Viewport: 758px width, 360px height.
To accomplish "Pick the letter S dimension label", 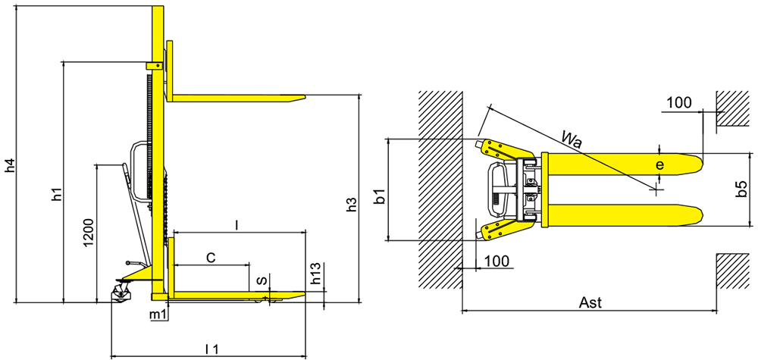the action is [x=260, y=280].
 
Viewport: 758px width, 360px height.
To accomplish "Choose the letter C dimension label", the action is [x=211, y=258].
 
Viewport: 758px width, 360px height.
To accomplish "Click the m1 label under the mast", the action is [x=158, y=315].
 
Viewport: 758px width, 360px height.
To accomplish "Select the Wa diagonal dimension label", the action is [x=572, y=138].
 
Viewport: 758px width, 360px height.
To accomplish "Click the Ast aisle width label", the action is [x=590, y=303].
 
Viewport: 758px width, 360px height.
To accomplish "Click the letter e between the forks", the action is [x=660, y=165].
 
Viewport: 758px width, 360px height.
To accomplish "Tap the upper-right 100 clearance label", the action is [x=678, y=103].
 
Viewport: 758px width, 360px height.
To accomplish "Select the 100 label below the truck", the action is [x=496, y=261].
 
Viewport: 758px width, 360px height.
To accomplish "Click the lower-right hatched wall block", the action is [x=733, y=271].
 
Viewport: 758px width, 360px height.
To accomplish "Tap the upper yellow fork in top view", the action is [x=622, y=164].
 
